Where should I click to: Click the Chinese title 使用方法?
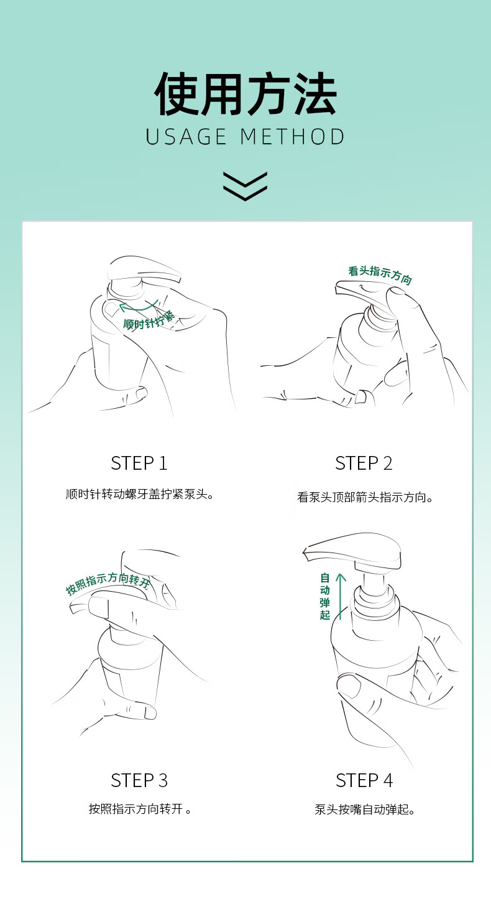[245, 94]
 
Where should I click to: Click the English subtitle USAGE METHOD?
[245, 137]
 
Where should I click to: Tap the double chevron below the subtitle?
[245, 186]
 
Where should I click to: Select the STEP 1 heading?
[139, 464]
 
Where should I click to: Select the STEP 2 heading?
[364, 464]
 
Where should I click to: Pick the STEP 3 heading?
[139, 780]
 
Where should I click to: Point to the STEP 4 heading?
[364, 780]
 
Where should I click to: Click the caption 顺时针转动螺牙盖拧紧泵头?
[140, 494]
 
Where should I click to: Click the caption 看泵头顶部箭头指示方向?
[365, 497]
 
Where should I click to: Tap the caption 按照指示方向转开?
[140, 809]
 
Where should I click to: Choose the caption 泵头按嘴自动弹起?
[365, 809]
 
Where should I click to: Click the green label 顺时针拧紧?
[149, 320]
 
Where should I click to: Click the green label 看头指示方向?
[380, 275]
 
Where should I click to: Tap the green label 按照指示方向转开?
[108, 583]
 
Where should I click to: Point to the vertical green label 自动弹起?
[325, 597]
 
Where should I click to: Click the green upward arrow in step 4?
[341, 597]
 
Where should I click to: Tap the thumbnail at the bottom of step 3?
[150, 712]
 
